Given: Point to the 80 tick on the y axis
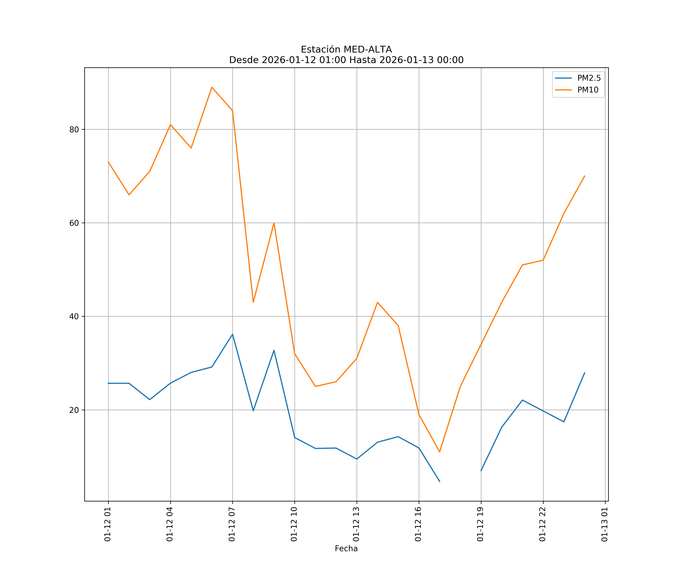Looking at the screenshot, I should [74, 130].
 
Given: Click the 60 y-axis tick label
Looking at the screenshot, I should [74, 223].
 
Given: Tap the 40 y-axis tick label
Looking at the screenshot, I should [74, 316].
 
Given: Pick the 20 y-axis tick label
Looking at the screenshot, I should [74, 410].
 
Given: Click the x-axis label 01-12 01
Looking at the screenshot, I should [108, 524].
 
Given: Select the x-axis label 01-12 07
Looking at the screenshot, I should [232, 524].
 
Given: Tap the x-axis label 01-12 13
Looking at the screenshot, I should [356, 524].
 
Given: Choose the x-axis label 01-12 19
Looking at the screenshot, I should [481, 524].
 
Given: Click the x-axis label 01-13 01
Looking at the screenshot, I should [605, 524].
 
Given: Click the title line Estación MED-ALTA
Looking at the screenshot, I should [346, 50].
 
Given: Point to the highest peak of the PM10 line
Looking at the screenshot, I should [212, 87].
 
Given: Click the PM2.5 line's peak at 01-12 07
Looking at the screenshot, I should [232, 334].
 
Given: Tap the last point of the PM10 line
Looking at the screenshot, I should [585, 176].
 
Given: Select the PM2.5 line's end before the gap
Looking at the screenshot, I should [440, 482].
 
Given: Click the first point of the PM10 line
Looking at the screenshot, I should [108, 162].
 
